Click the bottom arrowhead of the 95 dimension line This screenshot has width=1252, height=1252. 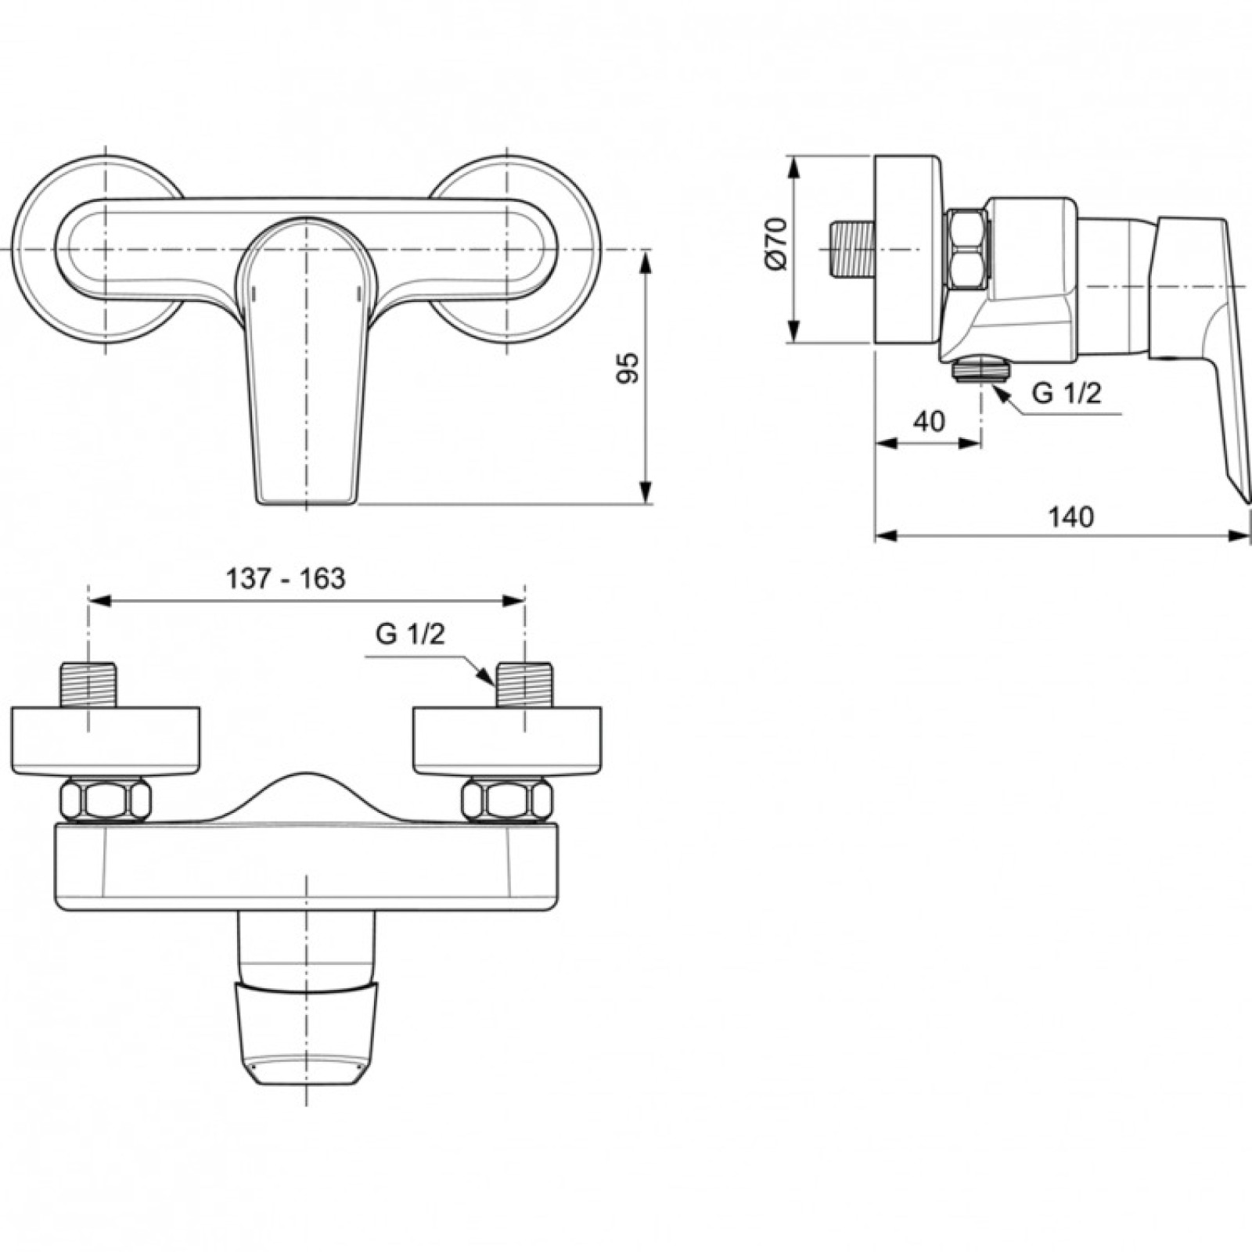tap(646, 493)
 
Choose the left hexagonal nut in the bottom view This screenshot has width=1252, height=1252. tap(105, 800)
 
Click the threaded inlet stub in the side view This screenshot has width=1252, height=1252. tap(851, 250)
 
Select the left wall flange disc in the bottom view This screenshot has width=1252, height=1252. tap(106, 740)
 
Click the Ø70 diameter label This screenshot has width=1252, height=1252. tap(776, 244)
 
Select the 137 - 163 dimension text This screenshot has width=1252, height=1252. tap(286, 578)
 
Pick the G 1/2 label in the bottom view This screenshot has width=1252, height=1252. tap(410, 634)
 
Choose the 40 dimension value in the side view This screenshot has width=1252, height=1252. tap(929, 421)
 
